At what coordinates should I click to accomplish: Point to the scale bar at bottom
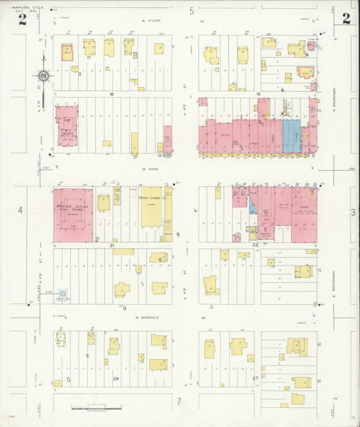[96, 408]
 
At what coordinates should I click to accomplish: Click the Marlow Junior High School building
[73, 214]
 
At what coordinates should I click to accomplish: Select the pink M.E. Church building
[68, 125]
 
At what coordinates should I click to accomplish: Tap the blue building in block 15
[290, 136]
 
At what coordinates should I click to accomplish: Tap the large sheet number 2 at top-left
[22, 19]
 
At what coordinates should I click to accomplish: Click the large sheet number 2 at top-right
[346, 18]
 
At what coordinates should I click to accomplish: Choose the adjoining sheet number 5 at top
[192, 10]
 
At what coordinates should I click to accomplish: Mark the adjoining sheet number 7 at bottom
[179, 402]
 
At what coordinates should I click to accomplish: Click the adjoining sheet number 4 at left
[20, 211]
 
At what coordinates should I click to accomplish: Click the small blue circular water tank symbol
[63, 294]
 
